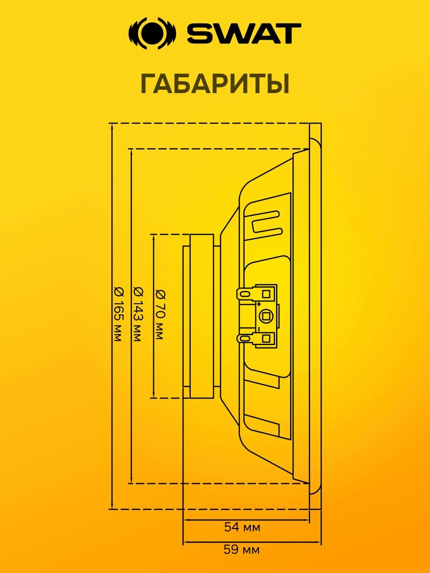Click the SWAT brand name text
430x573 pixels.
click(244, 33)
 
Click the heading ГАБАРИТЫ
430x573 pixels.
click(215, 84)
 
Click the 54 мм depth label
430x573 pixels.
click(242, 528)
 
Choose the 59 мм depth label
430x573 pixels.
click(242, 550)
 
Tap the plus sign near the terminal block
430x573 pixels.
click(259, 304)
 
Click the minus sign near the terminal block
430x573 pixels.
click(258, 329)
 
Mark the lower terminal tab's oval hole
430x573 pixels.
click(245, 339)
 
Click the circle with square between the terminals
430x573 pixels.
click(265, 316)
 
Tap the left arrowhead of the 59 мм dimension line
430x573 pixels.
click(186, 542)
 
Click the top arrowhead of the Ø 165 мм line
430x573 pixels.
click(111, 126)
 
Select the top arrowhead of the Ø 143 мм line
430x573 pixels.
click(131, 151)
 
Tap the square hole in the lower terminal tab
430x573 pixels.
click(267, 339)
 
